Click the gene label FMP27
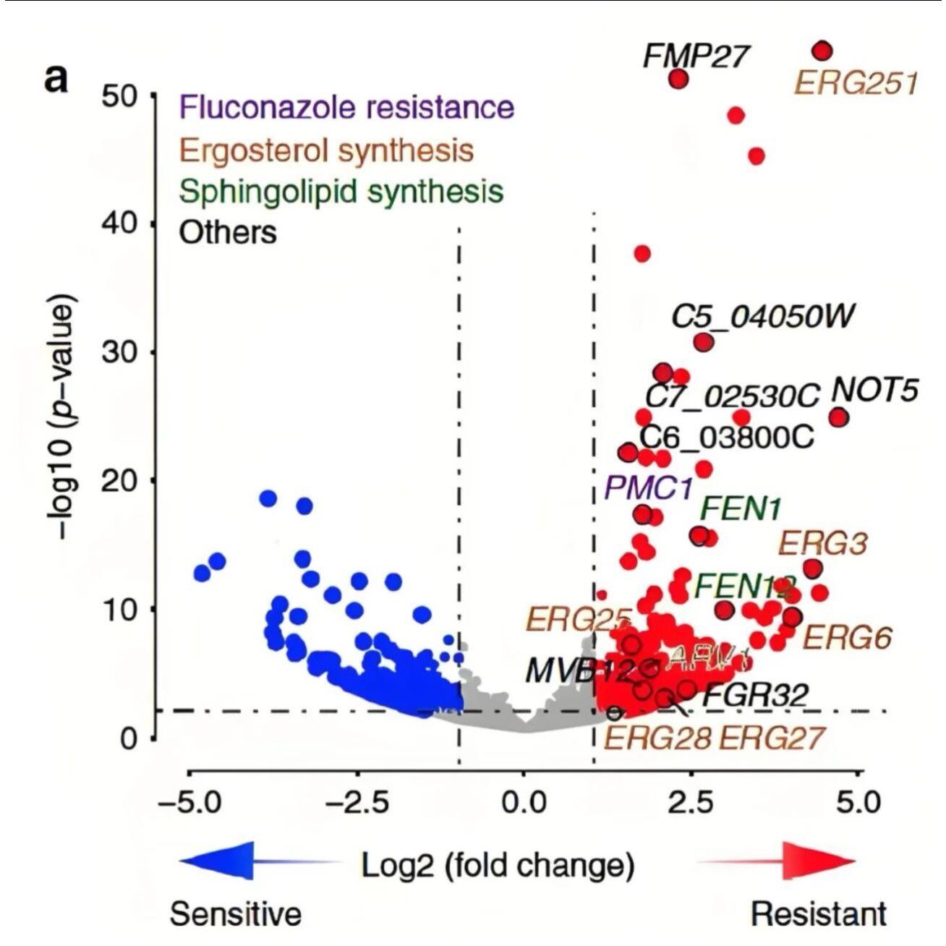click(694, 55)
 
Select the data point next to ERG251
click(822, 51)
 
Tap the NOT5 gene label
click(874, 390)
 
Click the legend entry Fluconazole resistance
click(346, 107)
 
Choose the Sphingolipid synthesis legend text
click(341, 192)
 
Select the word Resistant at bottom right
click(818, 913)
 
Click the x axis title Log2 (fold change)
click(498, 864)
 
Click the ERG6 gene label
click(848, 638)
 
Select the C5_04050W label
click(763, 316)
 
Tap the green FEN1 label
click(740, 509)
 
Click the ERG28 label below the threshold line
click(657, 738)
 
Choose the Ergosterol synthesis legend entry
click(326, 150)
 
